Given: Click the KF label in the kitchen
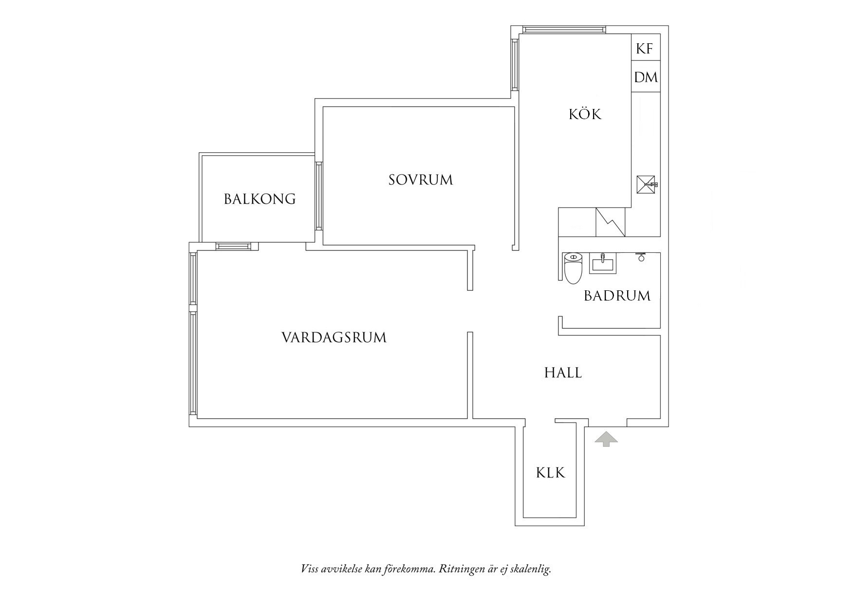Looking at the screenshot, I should tap(645, 49).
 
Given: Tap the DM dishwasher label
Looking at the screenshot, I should tap(646, 77).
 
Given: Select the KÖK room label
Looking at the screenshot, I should tap(585, 114).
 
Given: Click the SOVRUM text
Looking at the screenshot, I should tap(421, 180).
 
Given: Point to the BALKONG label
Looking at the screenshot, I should tap(260, 199).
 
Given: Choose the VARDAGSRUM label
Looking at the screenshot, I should tap(334, 337).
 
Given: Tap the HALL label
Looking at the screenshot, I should tap(563, 373).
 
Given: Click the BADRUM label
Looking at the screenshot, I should tap(617, 296).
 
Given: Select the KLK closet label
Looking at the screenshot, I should tap(550, 473).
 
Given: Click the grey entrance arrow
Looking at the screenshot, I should tap(606, 439).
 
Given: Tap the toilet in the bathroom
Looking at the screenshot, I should tap(573, 268).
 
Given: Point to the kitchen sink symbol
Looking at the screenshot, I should tap(646, 185).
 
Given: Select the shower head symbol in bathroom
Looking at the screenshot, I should tap(641, 257).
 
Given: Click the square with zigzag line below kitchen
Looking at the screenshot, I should tap(611, 222).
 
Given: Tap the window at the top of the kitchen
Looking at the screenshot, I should tap(563, 30).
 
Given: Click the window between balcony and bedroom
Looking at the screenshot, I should tap(319, 196).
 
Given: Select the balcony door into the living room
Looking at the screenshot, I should tap(237, 246).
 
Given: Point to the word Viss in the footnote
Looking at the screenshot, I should tap(310, 569).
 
